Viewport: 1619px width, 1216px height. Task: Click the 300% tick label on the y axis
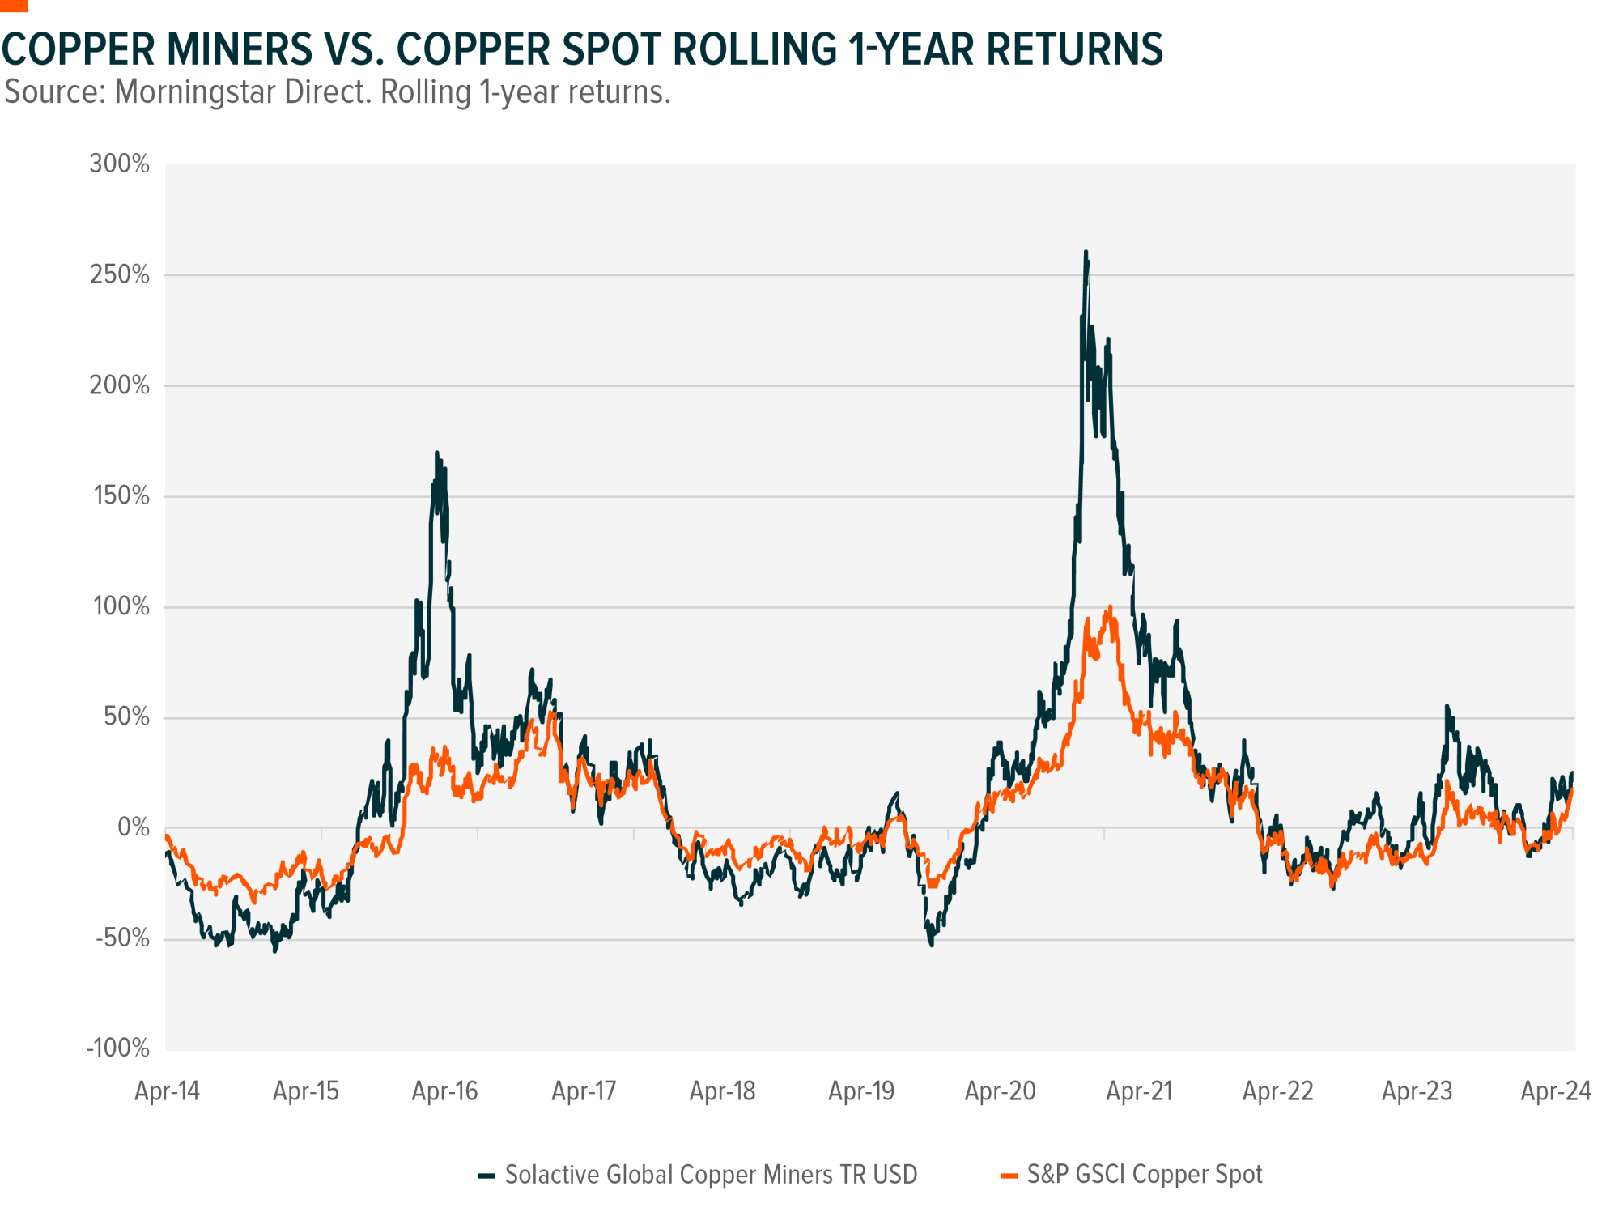click(x=120, y=164)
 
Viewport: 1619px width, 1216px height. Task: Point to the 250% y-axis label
click(x=120, y=275)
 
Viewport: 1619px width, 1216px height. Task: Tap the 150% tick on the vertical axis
click(x=121, y=496)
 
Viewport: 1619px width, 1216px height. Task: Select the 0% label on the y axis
click(x=134, y=827)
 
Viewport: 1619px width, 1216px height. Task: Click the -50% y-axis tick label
click(x=123, y=938)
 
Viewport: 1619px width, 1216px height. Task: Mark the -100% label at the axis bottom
click(x=118, y=1048)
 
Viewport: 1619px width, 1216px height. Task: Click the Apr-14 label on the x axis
click(x=167, y=1091)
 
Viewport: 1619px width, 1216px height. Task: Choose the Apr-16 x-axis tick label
click(x=444, y=1091)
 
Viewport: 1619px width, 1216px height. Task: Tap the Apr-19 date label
click(x=861, y=1091)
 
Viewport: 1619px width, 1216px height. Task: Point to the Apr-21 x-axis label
click(x=1139, y=1091)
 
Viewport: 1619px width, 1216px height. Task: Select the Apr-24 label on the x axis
click(x=1556, y=1091)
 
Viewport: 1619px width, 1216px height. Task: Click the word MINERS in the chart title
click(x=240, y=49)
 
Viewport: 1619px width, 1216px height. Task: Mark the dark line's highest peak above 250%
click(x=1086, y=252)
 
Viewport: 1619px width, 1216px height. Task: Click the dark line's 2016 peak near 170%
click(x=437, y=453)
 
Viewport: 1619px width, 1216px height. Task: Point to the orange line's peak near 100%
click(x=1110, y=607)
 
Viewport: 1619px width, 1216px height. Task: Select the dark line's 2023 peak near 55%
click(x=1447, y=707)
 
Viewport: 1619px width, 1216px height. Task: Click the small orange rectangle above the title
click(x=14, y=6)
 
